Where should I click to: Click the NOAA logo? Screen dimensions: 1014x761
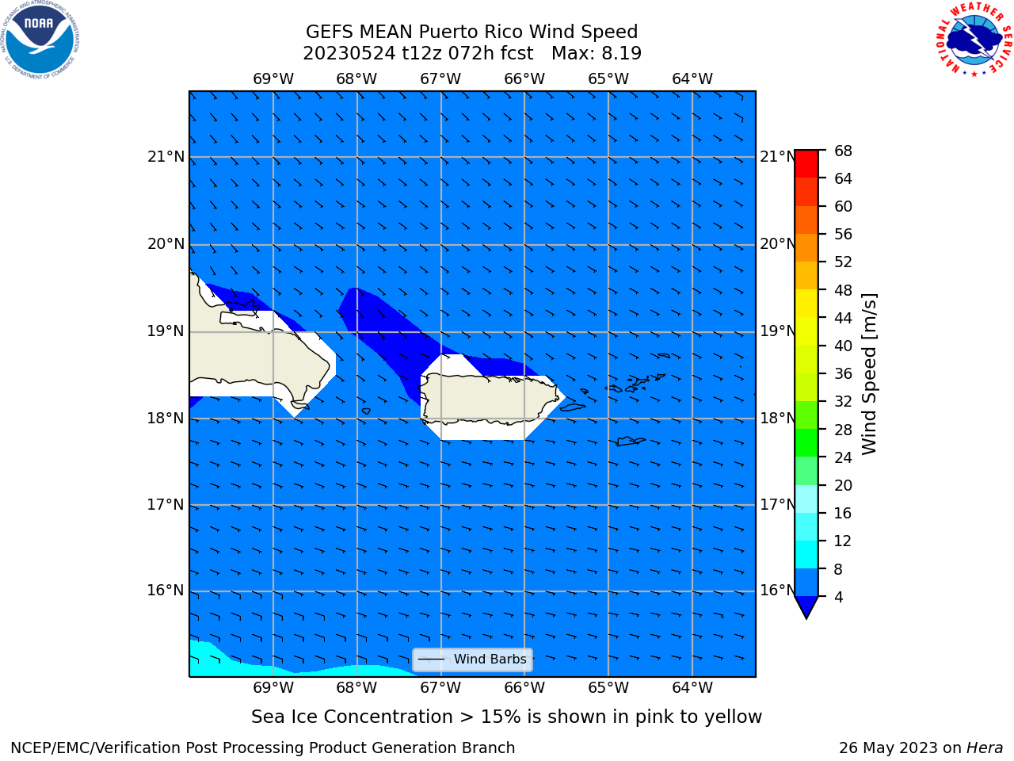coord(40,40)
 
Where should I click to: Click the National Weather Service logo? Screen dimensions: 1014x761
coord(974,40)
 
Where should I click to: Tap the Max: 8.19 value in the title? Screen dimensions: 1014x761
coord(597,54)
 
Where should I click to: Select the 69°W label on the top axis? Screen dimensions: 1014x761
coord(273,79)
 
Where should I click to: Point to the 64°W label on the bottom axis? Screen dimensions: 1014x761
coord(692,688)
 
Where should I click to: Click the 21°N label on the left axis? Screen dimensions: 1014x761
coord(166,157)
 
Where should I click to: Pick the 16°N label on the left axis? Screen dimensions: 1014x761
coord(166,591)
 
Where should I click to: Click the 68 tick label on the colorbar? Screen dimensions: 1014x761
coord(843,151)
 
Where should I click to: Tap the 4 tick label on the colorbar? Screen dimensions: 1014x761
coord(838,597)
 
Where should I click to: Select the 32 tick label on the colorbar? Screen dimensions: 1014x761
coord(843,402)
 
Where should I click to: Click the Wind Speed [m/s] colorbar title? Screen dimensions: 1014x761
coord(869,374)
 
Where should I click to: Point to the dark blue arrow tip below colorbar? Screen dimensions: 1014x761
coord(806,618)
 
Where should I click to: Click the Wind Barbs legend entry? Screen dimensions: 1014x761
coord(472,660)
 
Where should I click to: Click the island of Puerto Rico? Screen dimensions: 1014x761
coord(490,400)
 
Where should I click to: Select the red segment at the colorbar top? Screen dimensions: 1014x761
coord(806,164)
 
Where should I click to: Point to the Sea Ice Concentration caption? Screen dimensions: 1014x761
coord(506,717)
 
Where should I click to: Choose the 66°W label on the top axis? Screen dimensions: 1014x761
coord(524,79)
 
